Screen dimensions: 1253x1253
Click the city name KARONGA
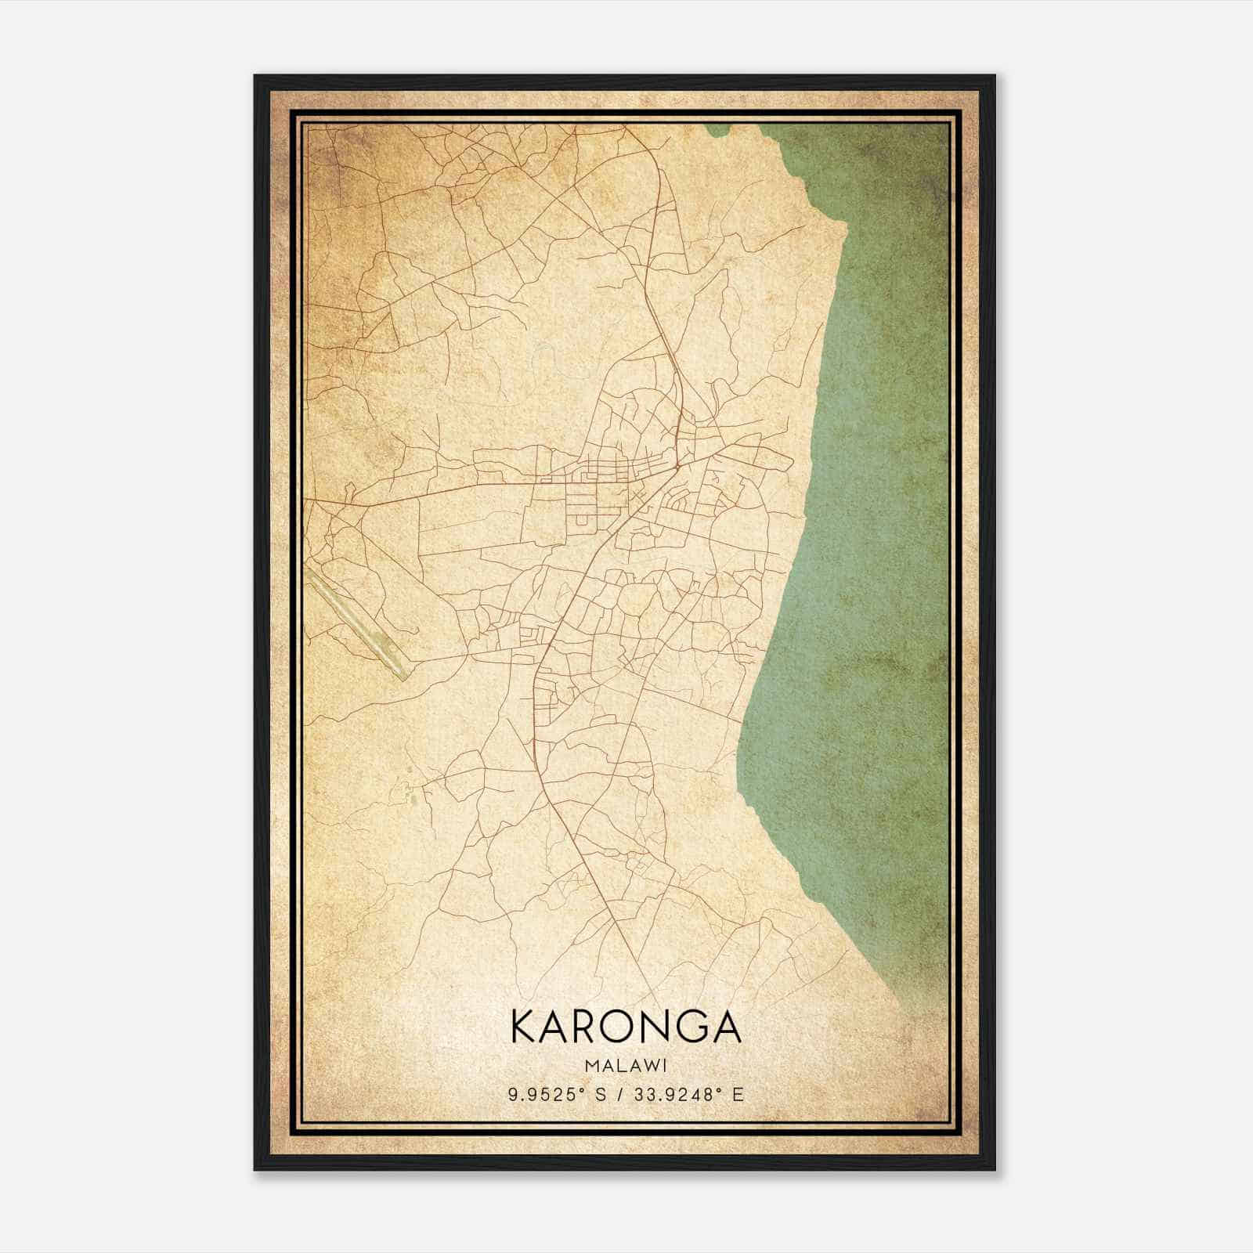click(626, 1027)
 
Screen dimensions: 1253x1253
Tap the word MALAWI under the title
click(626, 1065)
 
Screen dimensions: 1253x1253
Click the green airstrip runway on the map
click(356, 623)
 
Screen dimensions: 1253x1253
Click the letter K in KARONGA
click(524, 1027)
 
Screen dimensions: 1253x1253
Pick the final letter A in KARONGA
click(726, 1027)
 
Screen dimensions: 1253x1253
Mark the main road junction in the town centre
click(676, 467)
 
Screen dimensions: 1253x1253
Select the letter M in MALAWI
click(592, 1065)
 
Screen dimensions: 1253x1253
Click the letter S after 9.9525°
click(599, 1095)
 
